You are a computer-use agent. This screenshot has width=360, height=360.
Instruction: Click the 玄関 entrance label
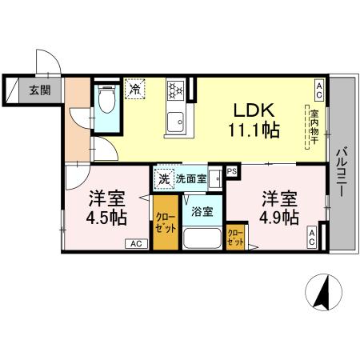click(x=38, y=90)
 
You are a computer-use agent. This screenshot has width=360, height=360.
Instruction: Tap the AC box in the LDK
click(x=318, y=87)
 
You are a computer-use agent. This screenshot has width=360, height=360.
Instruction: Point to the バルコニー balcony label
click(x=341, y=166)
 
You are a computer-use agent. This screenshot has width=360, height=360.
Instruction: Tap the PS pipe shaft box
click(x=233, y=171)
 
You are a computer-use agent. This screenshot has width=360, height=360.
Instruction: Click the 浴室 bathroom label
click(x=202, y=212)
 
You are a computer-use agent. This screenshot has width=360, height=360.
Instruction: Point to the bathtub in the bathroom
click(x=203, y=238)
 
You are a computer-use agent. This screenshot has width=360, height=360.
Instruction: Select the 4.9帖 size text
click(x=279, y=217)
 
